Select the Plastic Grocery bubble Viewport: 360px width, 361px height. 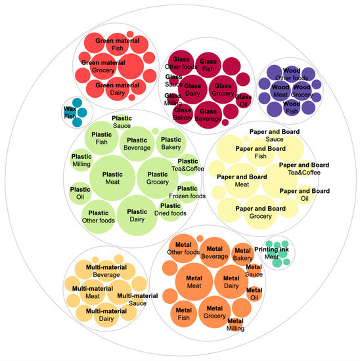pyautogui.click(x=158, y=177)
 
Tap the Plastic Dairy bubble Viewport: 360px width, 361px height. pyautogui.click(x=137, y=215)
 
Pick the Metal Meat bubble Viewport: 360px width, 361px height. pyautogui.click(x=194, y=281)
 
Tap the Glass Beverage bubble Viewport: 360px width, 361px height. pyautogui.click(x=210, y=115)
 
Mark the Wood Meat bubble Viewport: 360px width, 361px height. pyautogui.click(x=281, y=90)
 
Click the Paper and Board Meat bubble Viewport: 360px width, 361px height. pyautogui.click(x=242, y=180)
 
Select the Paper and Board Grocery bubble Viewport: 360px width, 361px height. pyautogui.click(x=260, y=212)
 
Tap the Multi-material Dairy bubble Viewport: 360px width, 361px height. pyautogui.click(x=106, y=314)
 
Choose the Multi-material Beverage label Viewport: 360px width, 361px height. pyautogui.click(x=97, y=271)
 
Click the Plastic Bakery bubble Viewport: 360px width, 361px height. pyautogui.click(x=171, y=143)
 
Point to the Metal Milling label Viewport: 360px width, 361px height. pyautogui.click(x=235, y=324)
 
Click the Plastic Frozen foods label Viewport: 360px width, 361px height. pyautogui.click(x=187, y=192)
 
